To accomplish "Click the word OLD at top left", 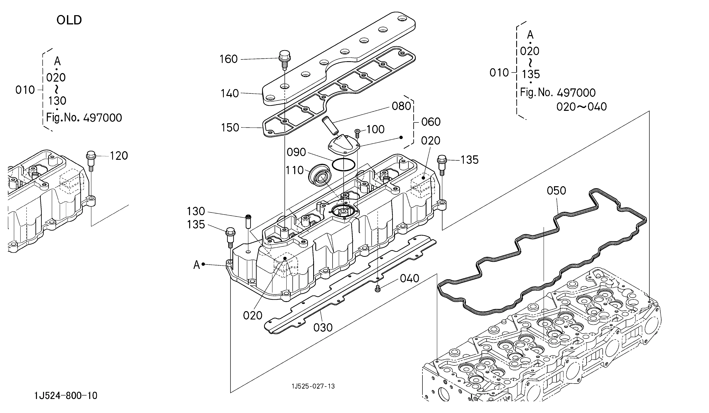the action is point(69,20).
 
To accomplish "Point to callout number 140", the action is point(230,93).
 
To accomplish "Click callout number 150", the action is point(230,127).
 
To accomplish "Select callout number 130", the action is point(196,211).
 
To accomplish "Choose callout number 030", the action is point(323,327).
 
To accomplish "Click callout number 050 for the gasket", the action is point(556,191).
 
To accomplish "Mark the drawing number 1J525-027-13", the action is point(313,386).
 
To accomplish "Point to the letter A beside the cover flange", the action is point(196,265).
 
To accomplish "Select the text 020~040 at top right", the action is point(582,107).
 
